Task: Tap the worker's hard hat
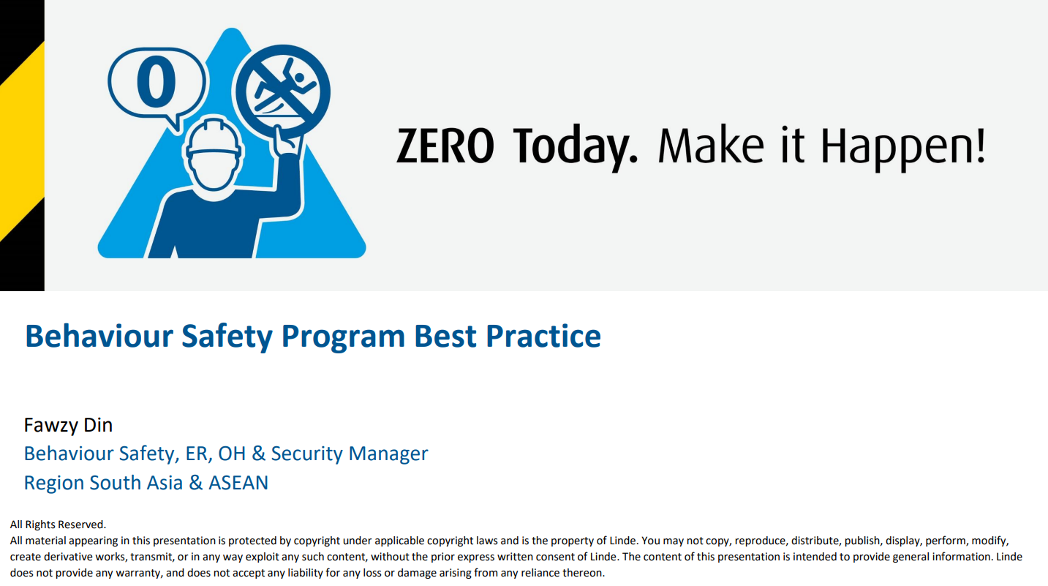(x=214, y=138)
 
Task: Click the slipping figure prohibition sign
(x=282, y=91)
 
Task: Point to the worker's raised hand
(x=284, y=141)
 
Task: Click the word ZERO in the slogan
(x=445, y=146)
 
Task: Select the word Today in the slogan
(x=576, y=149)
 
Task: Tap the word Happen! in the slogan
(x=903, y=149)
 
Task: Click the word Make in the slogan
(x=711, y=145)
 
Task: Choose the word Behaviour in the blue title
(x=99, y=336)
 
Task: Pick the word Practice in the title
(x=543, y=336)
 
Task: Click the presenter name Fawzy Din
(x=68, y=425)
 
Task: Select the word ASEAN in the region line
(x=238, y=483)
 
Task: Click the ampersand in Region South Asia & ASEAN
(x=195, y=483)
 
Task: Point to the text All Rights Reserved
(x=58, y=525)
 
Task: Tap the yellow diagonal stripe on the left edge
(x=22, y=140)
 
